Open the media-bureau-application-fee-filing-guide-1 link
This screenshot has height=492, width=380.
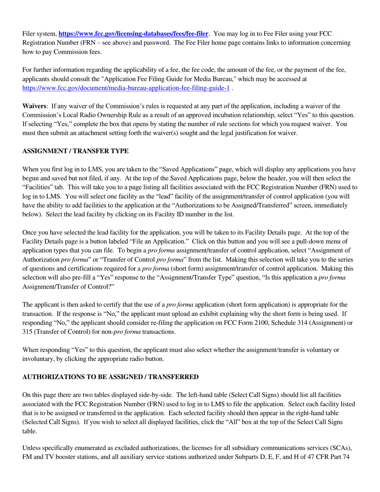click(126, 88)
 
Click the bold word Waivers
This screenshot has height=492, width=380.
click(34, 106)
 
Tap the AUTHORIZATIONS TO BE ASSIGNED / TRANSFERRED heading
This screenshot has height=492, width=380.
click(110, 377)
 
